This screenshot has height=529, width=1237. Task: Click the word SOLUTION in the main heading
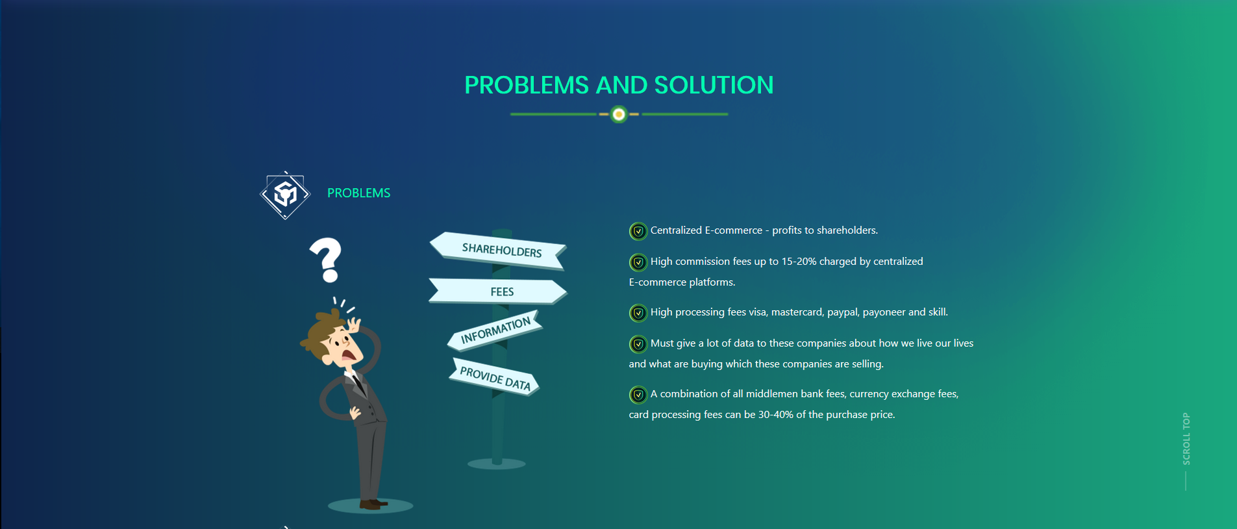(x=714, y=85)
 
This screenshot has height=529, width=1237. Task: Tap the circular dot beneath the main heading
(x=619, y=115)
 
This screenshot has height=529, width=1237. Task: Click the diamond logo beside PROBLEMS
(x=285, y=195)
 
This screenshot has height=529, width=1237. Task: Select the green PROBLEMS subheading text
(x=358, y=193)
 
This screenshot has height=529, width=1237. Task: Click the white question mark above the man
(x=327, y=260)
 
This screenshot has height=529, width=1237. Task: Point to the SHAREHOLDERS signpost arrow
(x=498, y=251)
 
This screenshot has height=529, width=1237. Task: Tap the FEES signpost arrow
(x=498, y=291)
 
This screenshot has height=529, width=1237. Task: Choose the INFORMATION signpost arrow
(x=495, y=330)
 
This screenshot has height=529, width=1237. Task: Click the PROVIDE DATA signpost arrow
(x=495, y=377)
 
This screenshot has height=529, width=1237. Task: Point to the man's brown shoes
(x=373, y=504)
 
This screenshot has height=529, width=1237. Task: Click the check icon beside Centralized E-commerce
(x=638, y=231)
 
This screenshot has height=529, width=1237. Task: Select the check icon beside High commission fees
(x=638, y=262)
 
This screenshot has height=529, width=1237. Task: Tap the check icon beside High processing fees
(x=638, y=313)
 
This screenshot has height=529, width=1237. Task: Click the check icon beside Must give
(x=638, y=344)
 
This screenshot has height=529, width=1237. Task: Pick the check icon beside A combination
(x=638, y=395)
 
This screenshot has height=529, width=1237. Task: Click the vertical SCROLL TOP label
(x=1186, y=439)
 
